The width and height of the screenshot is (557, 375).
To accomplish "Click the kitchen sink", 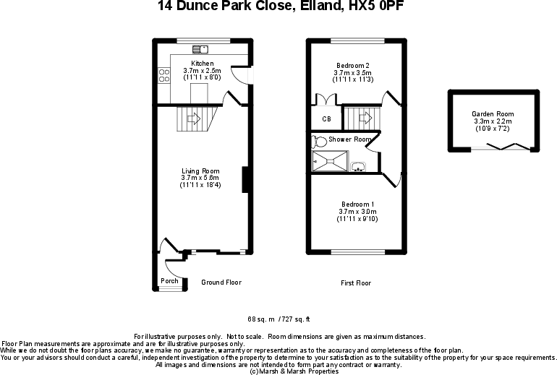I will point(200,49).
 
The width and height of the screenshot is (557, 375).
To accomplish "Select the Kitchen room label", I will point(202,64).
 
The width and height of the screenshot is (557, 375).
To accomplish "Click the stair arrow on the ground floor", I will point(193,118).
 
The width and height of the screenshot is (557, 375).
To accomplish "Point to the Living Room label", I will point(200,171).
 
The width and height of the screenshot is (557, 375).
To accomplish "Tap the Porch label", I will point(169,281).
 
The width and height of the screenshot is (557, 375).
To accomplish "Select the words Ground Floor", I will point(221,283).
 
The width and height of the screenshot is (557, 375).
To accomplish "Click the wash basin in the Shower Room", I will point(358,168).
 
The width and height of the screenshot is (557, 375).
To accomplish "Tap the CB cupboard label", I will point(326,119).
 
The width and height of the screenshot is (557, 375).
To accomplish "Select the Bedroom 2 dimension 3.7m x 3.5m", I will point(352,73).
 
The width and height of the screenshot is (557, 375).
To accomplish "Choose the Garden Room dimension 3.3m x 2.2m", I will point(492,121).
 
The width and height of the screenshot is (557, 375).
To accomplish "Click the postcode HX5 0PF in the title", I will point(374,7).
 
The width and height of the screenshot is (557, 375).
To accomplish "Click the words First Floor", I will point(355,283).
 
